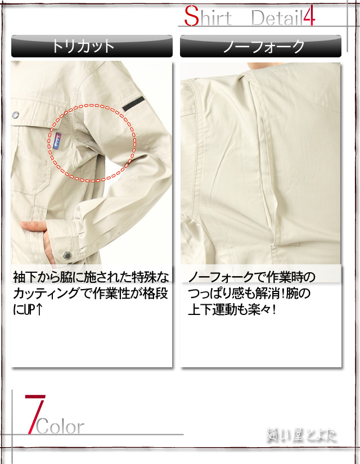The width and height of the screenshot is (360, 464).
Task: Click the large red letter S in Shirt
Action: tap(192, 17)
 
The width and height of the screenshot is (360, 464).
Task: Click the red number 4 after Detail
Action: tap(308, 17)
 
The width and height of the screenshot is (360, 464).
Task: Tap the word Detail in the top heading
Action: tap(276, 18)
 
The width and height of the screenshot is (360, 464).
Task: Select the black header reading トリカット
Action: tap(92, 46)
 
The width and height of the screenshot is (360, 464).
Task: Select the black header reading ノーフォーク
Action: tap(260, 46)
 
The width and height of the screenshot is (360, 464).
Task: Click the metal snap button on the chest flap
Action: tap(15, 115)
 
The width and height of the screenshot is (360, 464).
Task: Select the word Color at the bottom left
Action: tap(61, 427)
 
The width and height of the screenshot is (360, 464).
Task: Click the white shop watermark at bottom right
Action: tap(301, 434)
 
